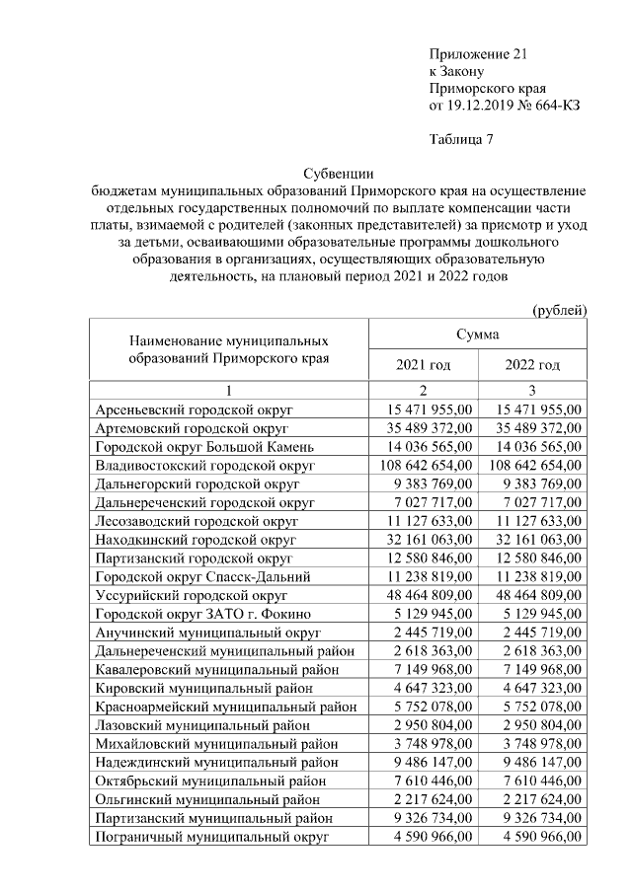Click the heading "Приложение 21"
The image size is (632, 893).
pos(472,53)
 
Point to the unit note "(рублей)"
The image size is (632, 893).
pos(560,309)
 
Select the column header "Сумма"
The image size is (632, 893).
pos(477,335)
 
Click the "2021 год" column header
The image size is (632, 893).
pos(423,365)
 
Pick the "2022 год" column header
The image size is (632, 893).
pos(532,365)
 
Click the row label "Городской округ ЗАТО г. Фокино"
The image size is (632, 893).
pos(200,615)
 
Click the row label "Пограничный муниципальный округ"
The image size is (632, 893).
pos(210,837)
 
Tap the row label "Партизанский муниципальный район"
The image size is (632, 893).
pos(212,818)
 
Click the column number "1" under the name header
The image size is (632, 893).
pos(228,390)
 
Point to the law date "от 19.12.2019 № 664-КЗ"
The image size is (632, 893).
pos(505,105)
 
